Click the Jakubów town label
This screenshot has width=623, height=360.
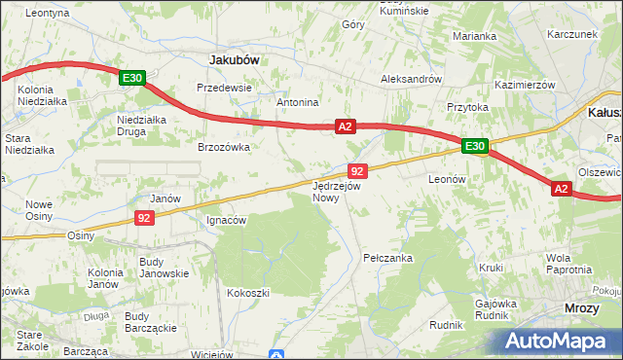tap(235, 59)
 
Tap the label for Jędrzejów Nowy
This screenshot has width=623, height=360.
tap(337, 191)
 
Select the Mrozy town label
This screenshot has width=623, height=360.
tap(582, 307)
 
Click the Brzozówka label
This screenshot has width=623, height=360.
tap(225, 147)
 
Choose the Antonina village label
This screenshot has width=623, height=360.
tap(298, 102)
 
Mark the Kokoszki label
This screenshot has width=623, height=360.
tap(247, 292)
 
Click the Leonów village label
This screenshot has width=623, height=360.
tap(448, 179)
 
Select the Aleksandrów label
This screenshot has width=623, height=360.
tap(411, 79)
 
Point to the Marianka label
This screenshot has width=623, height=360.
tap(474, 36)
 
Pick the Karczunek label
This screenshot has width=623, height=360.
tap(571, 33)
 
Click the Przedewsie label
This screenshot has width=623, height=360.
tap(224, 87)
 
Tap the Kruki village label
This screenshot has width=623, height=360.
tap(490, 267)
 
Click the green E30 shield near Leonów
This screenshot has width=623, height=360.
tap(474, 147)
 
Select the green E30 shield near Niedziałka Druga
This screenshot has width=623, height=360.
tap(133, 78)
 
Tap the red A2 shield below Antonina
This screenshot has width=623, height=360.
tap(346, 126)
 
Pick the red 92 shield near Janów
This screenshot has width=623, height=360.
tap(143, 218)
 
